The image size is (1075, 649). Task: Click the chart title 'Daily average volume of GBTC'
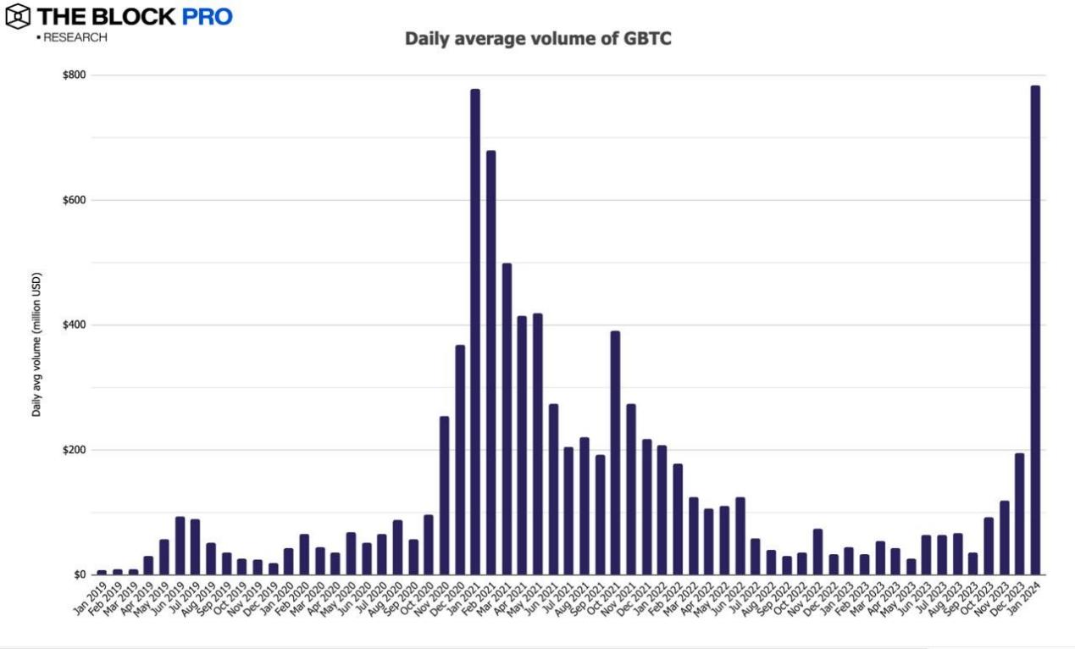point(538,38)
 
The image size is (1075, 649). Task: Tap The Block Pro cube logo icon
point(17,16)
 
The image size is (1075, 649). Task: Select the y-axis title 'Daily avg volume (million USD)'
point(36,344)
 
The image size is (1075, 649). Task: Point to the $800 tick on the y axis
point(74,75)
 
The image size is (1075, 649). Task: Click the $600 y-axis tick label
point(74,200)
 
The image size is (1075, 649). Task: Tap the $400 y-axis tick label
point(74,325)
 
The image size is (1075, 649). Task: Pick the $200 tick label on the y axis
point(74,450)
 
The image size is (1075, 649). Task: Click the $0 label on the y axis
point(78,574)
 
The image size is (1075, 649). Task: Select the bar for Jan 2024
point(1034,330)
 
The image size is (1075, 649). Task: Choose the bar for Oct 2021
point(615,452)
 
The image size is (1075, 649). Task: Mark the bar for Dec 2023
point(1019,513)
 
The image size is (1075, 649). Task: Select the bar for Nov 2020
point(444,496)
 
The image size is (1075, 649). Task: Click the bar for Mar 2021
point(507,419)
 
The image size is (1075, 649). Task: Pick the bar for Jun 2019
point(180,546)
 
